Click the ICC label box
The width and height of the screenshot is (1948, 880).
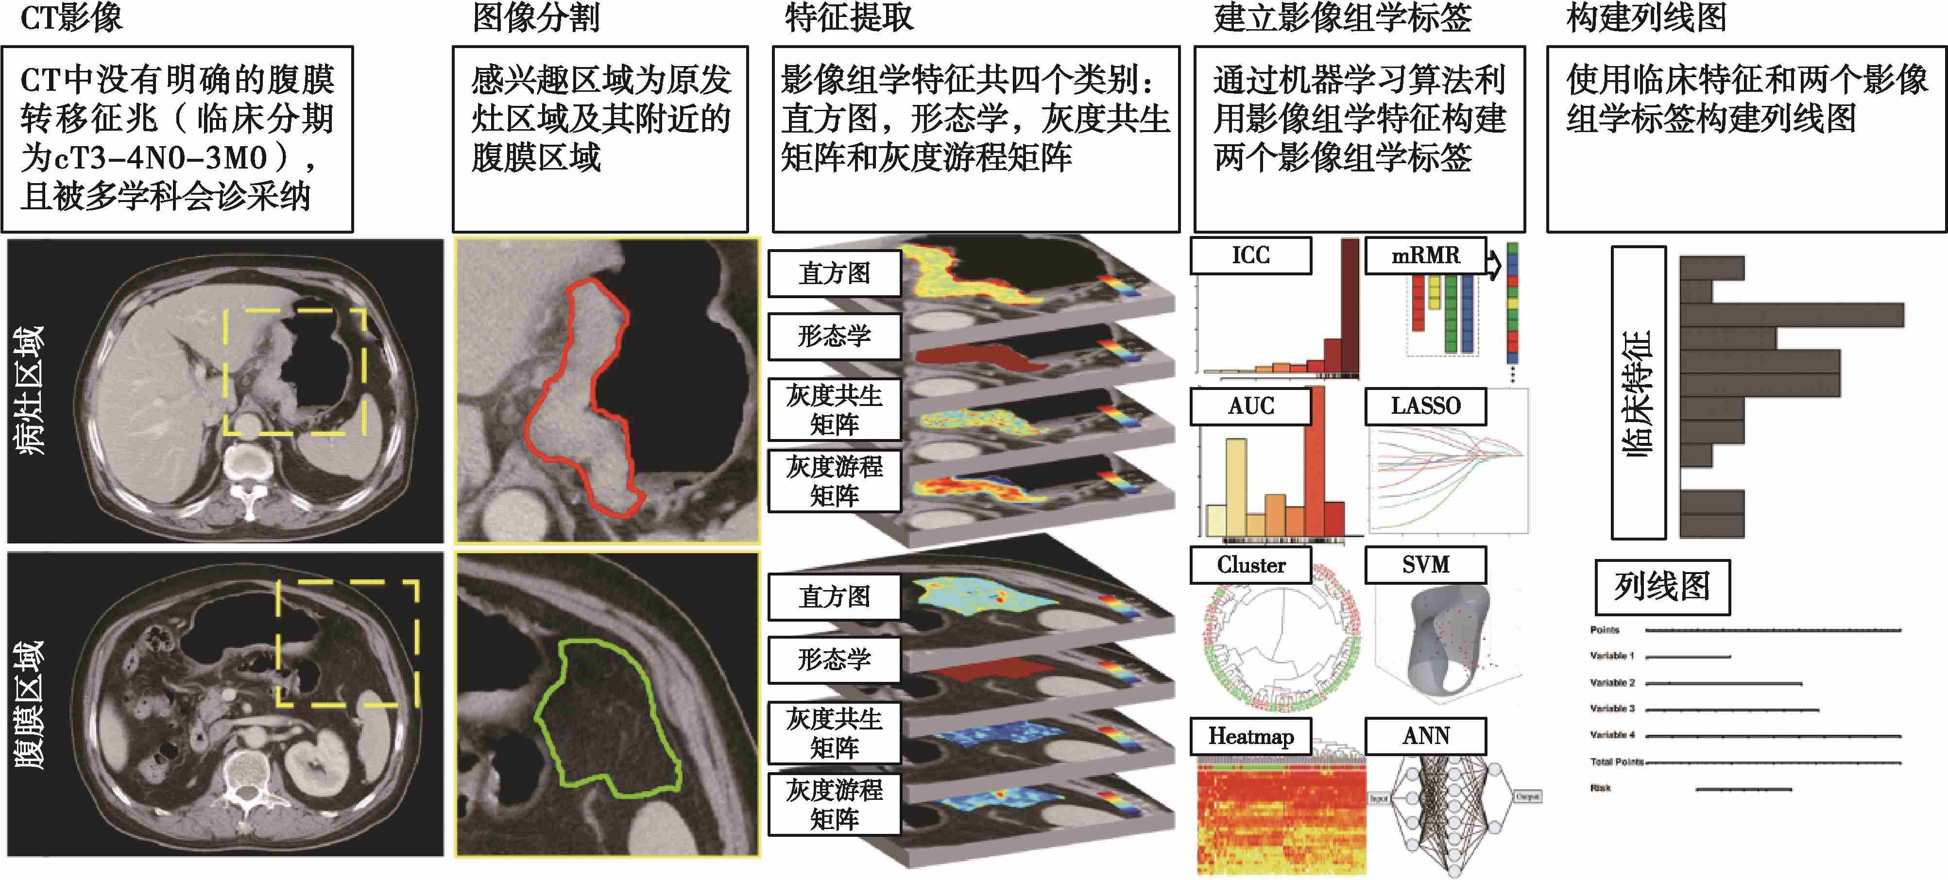pyautogui.click(x=1251, y=255)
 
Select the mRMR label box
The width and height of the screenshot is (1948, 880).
pyautogui.click(x=1425, y=255)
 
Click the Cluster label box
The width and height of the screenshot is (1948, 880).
pyautogui.click(x=1251, y=565)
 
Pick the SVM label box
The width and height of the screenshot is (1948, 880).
pyautogui.click(x=1425, y=565)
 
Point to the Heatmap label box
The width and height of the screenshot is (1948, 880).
pyautogui.click(x=1251, y=736)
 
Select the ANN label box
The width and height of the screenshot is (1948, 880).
pyautogui.click(x=1425, y=736)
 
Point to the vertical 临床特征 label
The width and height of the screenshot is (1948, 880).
pyautogui.click(x=1639, y=393)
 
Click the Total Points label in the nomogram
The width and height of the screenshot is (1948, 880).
pyautogui.click(x=1617, y=762)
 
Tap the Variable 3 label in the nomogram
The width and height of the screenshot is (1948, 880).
pyautogui.click(x=1612, y=709)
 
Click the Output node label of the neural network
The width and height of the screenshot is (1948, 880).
pyautogui.click(x=1527, y=797)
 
